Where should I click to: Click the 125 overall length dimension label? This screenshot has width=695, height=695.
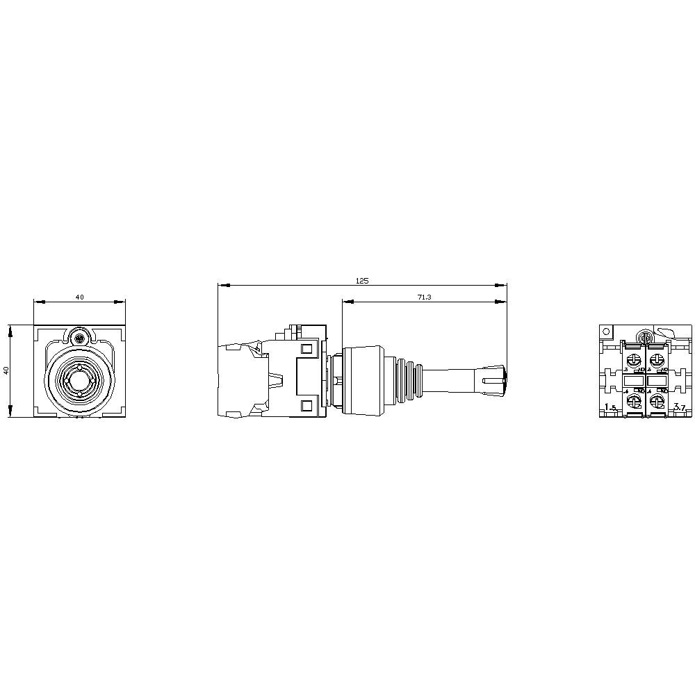click(x=361, y=281)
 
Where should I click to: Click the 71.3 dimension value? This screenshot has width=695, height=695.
click(x=424, y=297)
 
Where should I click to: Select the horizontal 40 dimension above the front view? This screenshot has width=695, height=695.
click(x=79, y=297)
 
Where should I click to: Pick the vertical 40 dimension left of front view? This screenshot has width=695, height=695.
click(x=6, y=371)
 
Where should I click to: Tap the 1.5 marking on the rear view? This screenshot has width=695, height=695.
click(x=610, y=407)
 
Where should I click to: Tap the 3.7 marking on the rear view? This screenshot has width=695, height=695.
click(x=680, y=407)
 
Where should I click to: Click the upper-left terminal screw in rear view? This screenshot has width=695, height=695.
click(x=634, y=360)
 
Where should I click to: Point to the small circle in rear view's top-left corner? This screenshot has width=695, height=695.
click(x=606, y=332)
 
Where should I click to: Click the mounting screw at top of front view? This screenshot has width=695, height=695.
click(x=79, y=338)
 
